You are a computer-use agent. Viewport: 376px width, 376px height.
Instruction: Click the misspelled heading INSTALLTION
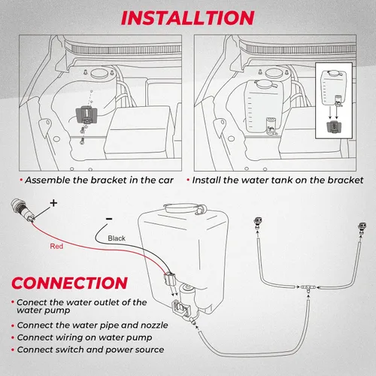click(x=188, y=16)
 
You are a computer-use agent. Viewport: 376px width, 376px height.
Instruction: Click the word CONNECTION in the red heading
click(x=69, y=283)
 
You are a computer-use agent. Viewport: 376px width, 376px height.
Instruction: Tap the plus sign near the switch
click(x=53, y=203)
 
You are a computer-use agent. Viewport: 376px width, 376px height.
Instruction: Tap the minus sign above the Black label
click(x=110, y=218)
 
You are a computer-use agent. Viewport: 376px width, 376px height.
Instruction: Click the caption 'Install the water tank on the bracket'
click(x=277, y=180)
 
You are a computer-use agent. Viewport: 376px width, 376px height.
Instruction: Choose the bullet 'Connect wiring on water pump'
click(x=82, y=338)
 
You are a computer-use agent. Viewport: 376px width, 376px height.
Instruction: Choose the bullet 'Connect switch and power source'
click(x=87, y=350)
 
